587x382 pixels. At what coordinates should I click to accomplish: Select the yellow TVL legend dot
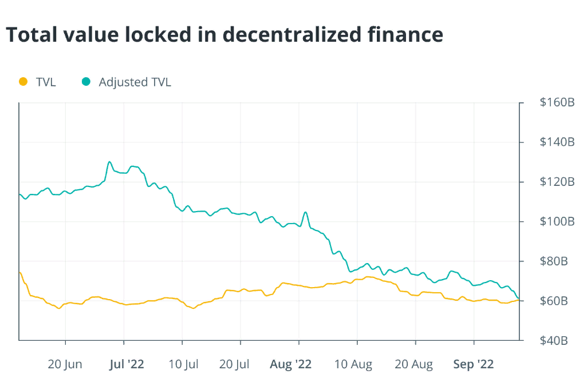point(23,82)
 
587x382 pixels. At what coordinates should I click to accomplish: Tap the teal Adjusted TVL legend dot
point(86,82)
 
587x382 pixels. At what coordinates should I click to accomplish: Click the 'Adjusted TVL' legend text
point(135,82)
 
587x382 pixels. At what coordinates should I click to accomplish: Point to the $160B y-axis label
point(557,103)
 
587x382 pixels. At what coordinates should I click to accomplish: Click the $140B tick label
point(557,142)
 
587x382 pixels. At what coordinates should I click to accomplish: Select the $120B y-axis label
point(557,182)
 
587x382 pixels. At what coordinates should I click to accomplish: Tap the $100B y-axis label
point(557,221)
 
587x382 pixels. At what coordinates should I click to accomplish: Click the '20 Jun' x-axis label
point(65,364)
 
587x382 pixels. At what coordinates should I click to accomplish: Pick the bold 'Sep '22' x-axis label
point(474,364)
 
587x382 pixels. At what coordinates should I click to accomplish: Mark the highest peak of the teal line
point(109,162)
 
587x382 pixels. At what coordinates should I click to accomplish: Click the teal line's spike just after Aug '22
point(306,212)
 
